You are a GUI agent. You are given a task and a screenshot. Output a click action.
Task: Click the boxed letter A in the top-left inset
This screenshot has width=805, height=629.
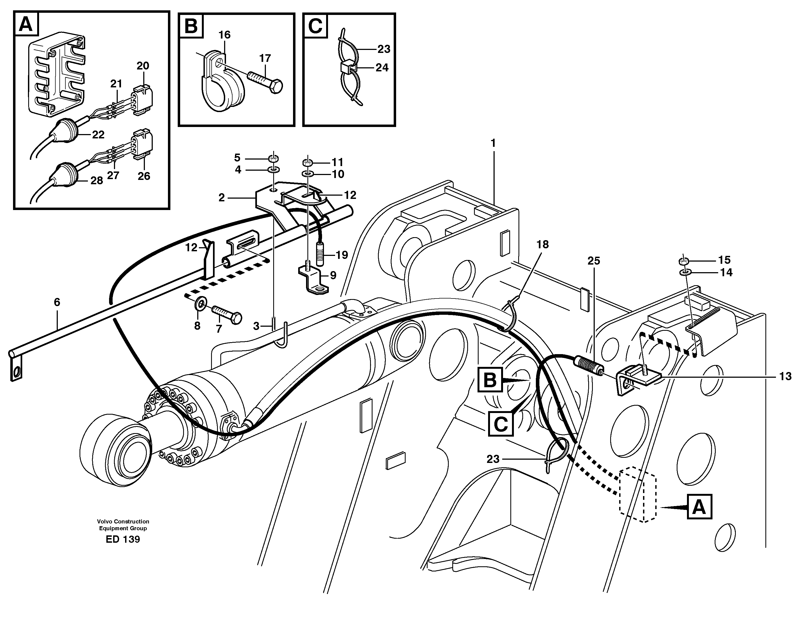[26, 25]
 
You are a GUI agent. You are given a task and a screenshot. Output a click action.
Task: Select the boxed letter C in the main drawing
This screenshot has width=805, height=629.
[501, 424]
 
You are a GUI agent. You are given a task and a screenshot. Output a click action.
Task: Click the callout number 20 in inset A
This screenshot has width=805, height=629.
[143, 66]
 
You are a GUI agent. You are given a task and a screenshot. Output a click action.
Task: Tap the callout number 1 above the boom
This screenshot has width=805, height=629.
[493, 143]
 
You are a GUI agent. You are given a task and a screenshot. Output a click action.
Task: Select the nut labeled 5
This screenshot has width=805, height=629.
[273, 159]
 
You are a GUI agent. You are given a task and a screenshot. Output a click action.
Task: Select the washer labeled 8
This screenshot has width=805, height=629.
[201, 303]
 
